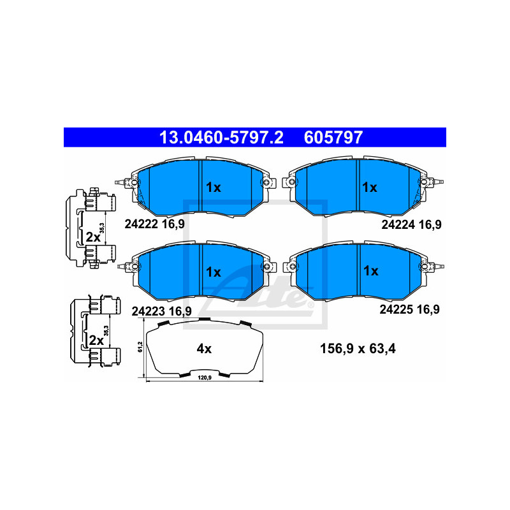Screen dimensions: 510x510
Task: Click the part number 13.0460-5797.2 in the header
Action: tap(221, 138)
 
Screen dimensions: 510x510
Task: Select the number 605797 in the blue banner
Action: tap(333, 138)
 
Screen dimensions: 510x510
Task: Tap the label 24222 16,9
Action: tap(154, 224)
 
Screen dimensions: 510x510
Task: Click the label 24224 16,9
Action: tap(411, 225)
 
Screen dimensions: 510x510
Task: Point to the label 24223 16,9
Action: tap(162, 311)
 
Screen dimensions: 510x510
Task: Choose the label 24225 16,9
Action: tap(409, 309)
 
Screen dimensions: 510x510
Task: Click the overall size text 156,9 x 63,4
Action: tap(358, 349)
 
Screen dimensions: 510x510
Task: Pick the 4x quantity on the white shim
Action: tap(204, 349)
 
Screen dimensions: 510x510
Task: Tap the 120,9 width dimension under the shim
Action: tap(205, 377)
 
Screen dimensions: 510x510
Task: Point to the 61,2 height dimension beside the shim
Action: tap(140, 347)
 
